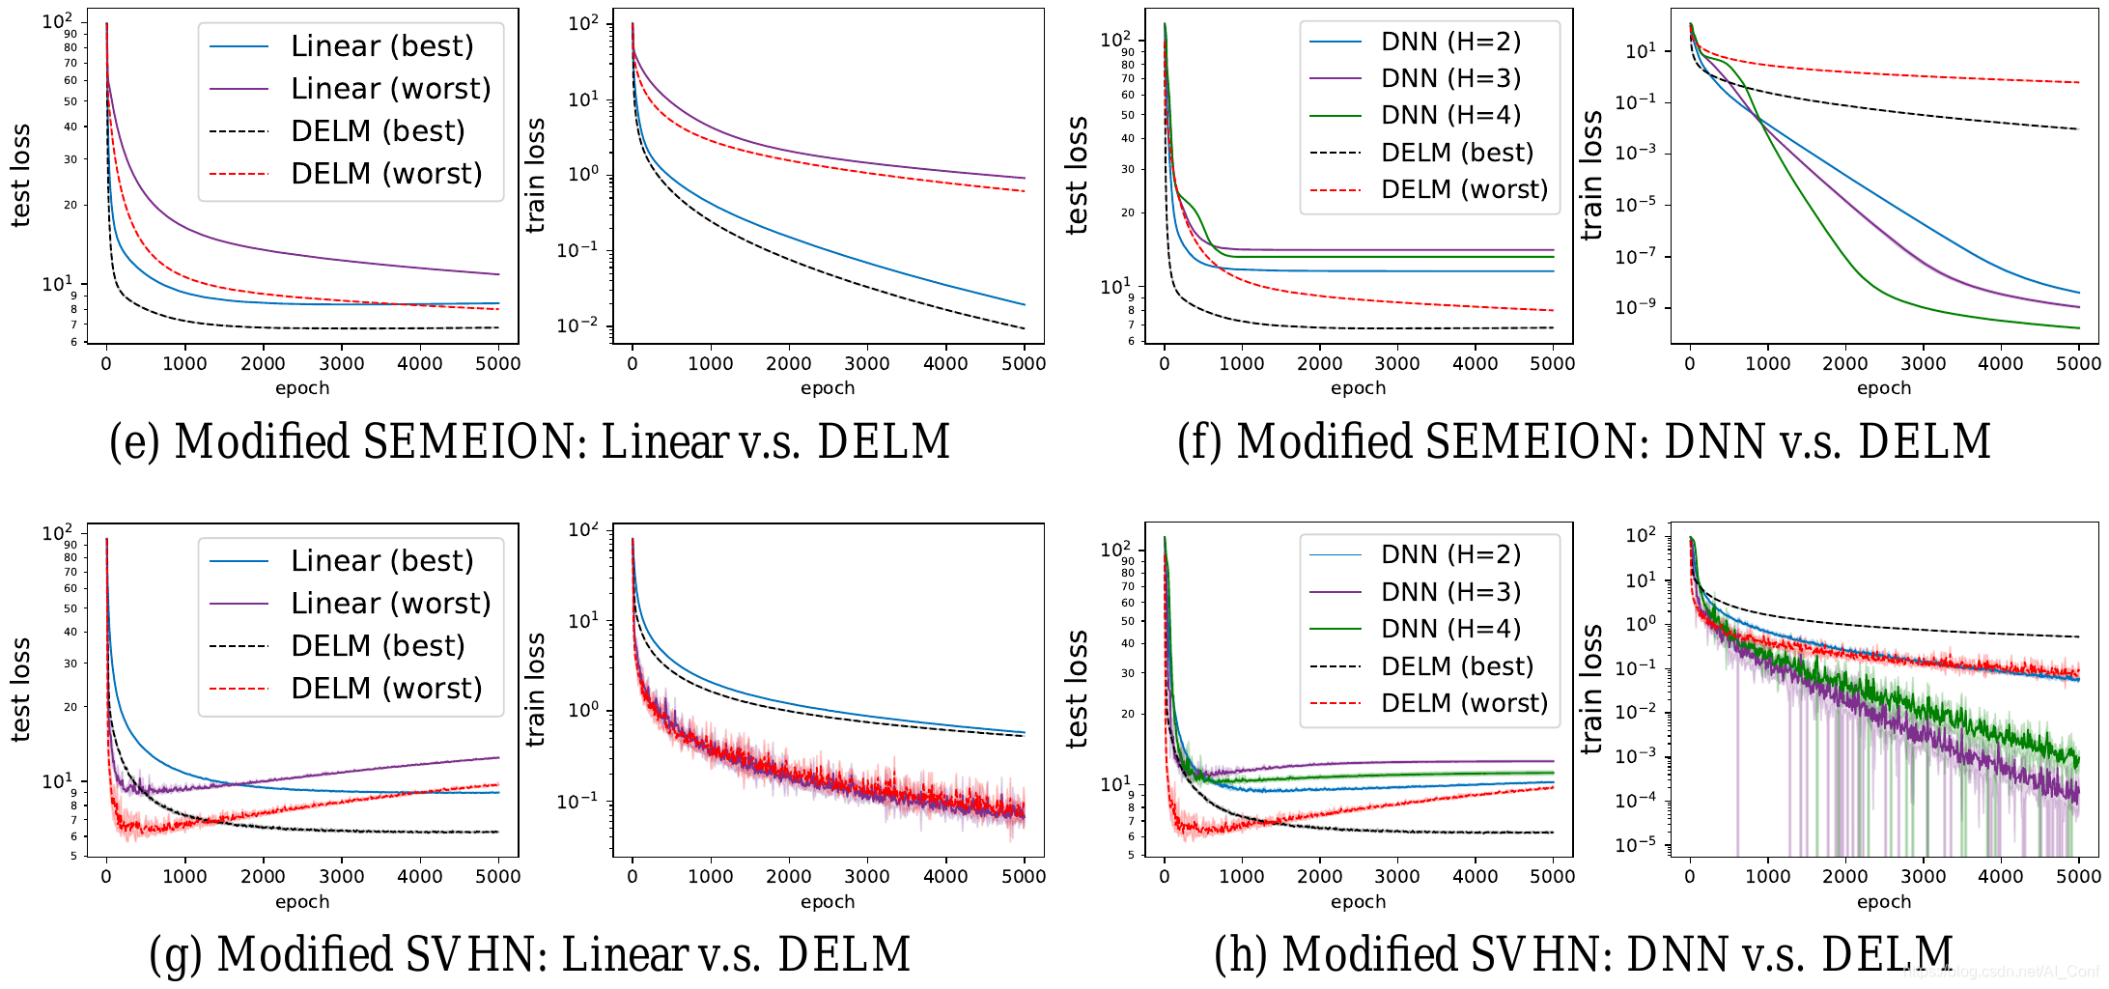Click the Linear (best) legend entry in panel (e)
[381, 46]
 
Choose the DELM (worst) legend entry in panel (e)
[385, 174]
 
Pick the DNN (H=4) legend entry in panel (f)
[1450, 115]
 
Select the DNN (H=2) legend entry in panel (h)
[1450, 554]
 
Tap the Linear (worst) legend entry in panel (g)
[390, 604]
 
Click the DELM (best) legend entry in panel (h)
[1456, 666]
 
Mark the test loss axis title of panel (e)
[20, 176]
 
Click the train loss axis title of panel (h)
[1591, 689]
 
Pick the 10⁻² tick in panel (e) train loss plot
[577, 326]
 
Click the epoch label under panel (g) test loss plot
[302, 902]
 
